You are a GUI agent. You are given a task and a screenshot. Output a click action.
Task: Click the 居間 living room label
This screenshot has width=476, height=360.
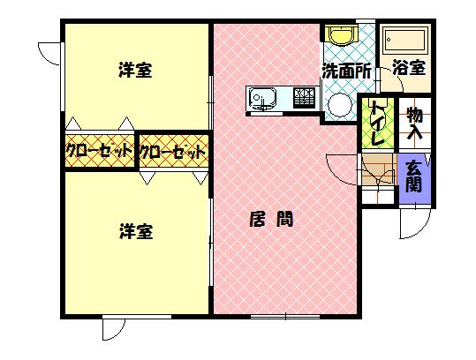pyautogui.click(x=271, y=220)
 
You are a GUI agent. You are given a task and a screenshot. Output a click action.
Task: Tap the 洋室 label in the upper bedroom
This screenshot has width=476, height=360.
pyautogui.click(x=135, y=70)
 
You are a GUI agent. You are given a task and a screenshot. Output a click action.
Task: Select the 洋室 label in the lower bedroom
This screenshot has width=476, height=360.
pyautogui.click(x=136, y=231)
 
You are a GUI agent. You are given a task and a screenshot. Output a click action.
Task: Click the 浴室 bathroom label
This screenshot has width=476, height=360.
pyautogui.click(x=409, y=67)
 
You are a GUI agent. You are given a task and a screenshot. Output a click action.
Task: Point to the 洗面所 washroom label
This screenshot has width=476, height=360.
pyautogui.click(x=346, y=71)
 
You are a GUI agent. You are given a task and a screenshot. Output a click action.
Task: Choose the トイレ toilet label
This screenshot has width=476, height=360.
pyautogui.click(x=378, y=123)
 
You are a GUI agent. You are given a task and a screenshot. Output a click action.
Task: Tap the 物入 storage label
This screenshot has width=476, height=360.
pyautogui.click(x=415, y=124)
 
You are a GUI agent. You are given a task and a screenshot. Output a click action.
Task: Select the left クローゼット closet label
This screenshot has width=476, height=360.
pyautogui.click(x=99, y=151)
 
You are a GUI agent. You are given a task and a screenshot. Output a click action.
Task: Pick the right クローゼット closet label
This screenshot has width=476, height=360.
pyautogui.click(x=172, y=152)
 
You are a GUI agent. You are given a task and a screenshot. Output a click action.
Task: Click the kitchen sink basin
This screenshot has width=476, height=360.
pyautogui.click(x=262, y=98)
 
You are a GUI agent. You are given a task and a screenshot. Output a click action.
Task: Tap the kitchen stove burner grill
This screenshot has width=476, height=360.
pyautogui.click(x=303, y=97)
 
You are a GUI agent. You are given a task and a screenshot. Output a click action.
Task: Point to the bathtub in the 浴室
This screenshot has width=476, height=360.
pyautogui.click(x=404, y=40)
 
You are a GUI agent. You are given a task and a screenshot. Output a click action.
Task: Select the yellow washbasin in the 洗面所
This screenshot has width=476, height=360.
pyautogui.click(x=341, y=35)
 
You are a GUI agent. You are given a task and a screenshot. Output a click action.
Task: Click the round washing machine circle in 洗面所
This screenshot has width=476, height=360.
pyautogui.click(x=340, y=105)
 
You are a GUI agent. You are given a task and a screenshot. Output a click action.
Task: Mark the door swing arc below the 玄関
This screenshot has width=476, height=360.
pyautogui.click(x=422, y=230)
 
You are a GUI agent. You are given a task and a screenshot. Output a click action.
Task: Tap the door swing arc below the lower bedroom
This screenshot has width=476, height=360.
pyautogui.click(x=118, y=334)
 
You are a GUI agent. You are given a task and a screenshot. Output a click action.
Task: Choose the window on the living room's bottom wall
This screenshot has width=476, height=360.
pyautogui.click(x=285, y=317)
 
